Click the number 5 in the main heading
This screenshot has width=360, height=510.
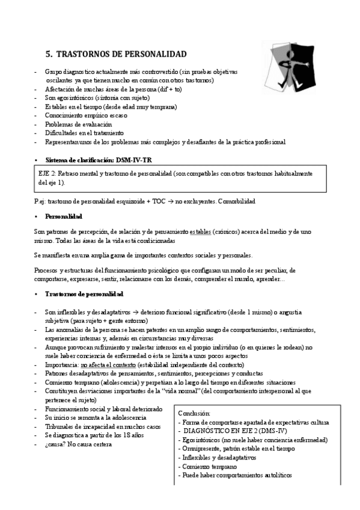tap(49, 54)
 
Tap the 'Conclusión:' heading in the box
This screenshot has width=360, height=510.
tap(195, 413)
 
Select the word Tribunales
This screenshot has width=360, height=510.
tap(62, 426)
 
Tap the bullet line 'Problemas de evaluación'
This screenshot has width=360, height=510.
tap(78, 124)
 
